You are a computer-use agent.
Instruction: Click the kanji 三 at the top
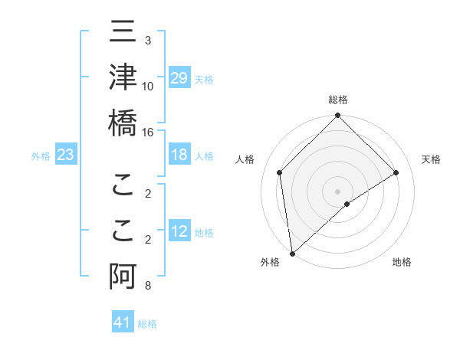click(x=123, y=34)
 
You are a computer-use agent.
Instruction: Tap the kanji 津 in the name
click(x=123, y=77)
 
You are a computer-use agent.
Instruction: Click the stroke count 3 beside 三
click(x=148, y=40)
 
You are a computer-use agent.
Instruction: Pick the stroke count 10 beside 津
click(x=148, y=86)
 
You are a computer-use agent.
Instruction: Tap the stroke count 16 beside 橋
click(x=148, y=132)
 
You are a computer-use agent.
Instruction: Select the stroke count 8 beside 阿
click(x=148, y=286)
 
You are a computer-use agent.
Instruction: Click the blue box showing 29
click(x=179, y=78)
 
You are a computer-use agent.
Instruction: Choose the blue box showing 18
click(x=179, y=155)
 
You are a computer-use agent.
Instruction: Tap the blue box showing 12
click(x=179, y=231)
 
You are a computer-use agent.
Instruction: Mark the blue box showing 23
click(x=66, y=155)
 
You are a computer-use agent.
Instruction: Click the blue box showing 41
click(x=123, y=322)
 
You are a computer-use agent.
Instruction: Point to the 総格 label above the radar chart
click(x=338, y=100)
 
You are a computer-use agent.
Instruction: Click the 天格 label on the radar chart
click(x=432, y=159)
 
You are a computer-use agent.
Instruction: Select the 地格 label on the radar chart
click(x=402, y=263)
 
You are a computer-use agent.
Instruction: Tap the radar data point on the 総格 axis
click(x=338, y=116)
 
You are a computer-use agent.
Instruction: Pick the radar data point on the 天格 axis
click(x=396, y=172)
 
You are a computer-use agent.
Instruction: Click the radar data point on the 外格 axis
click(x=292, y=254)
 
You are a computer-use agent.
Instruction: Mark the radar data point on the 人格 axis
click(x=280, y=172)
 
